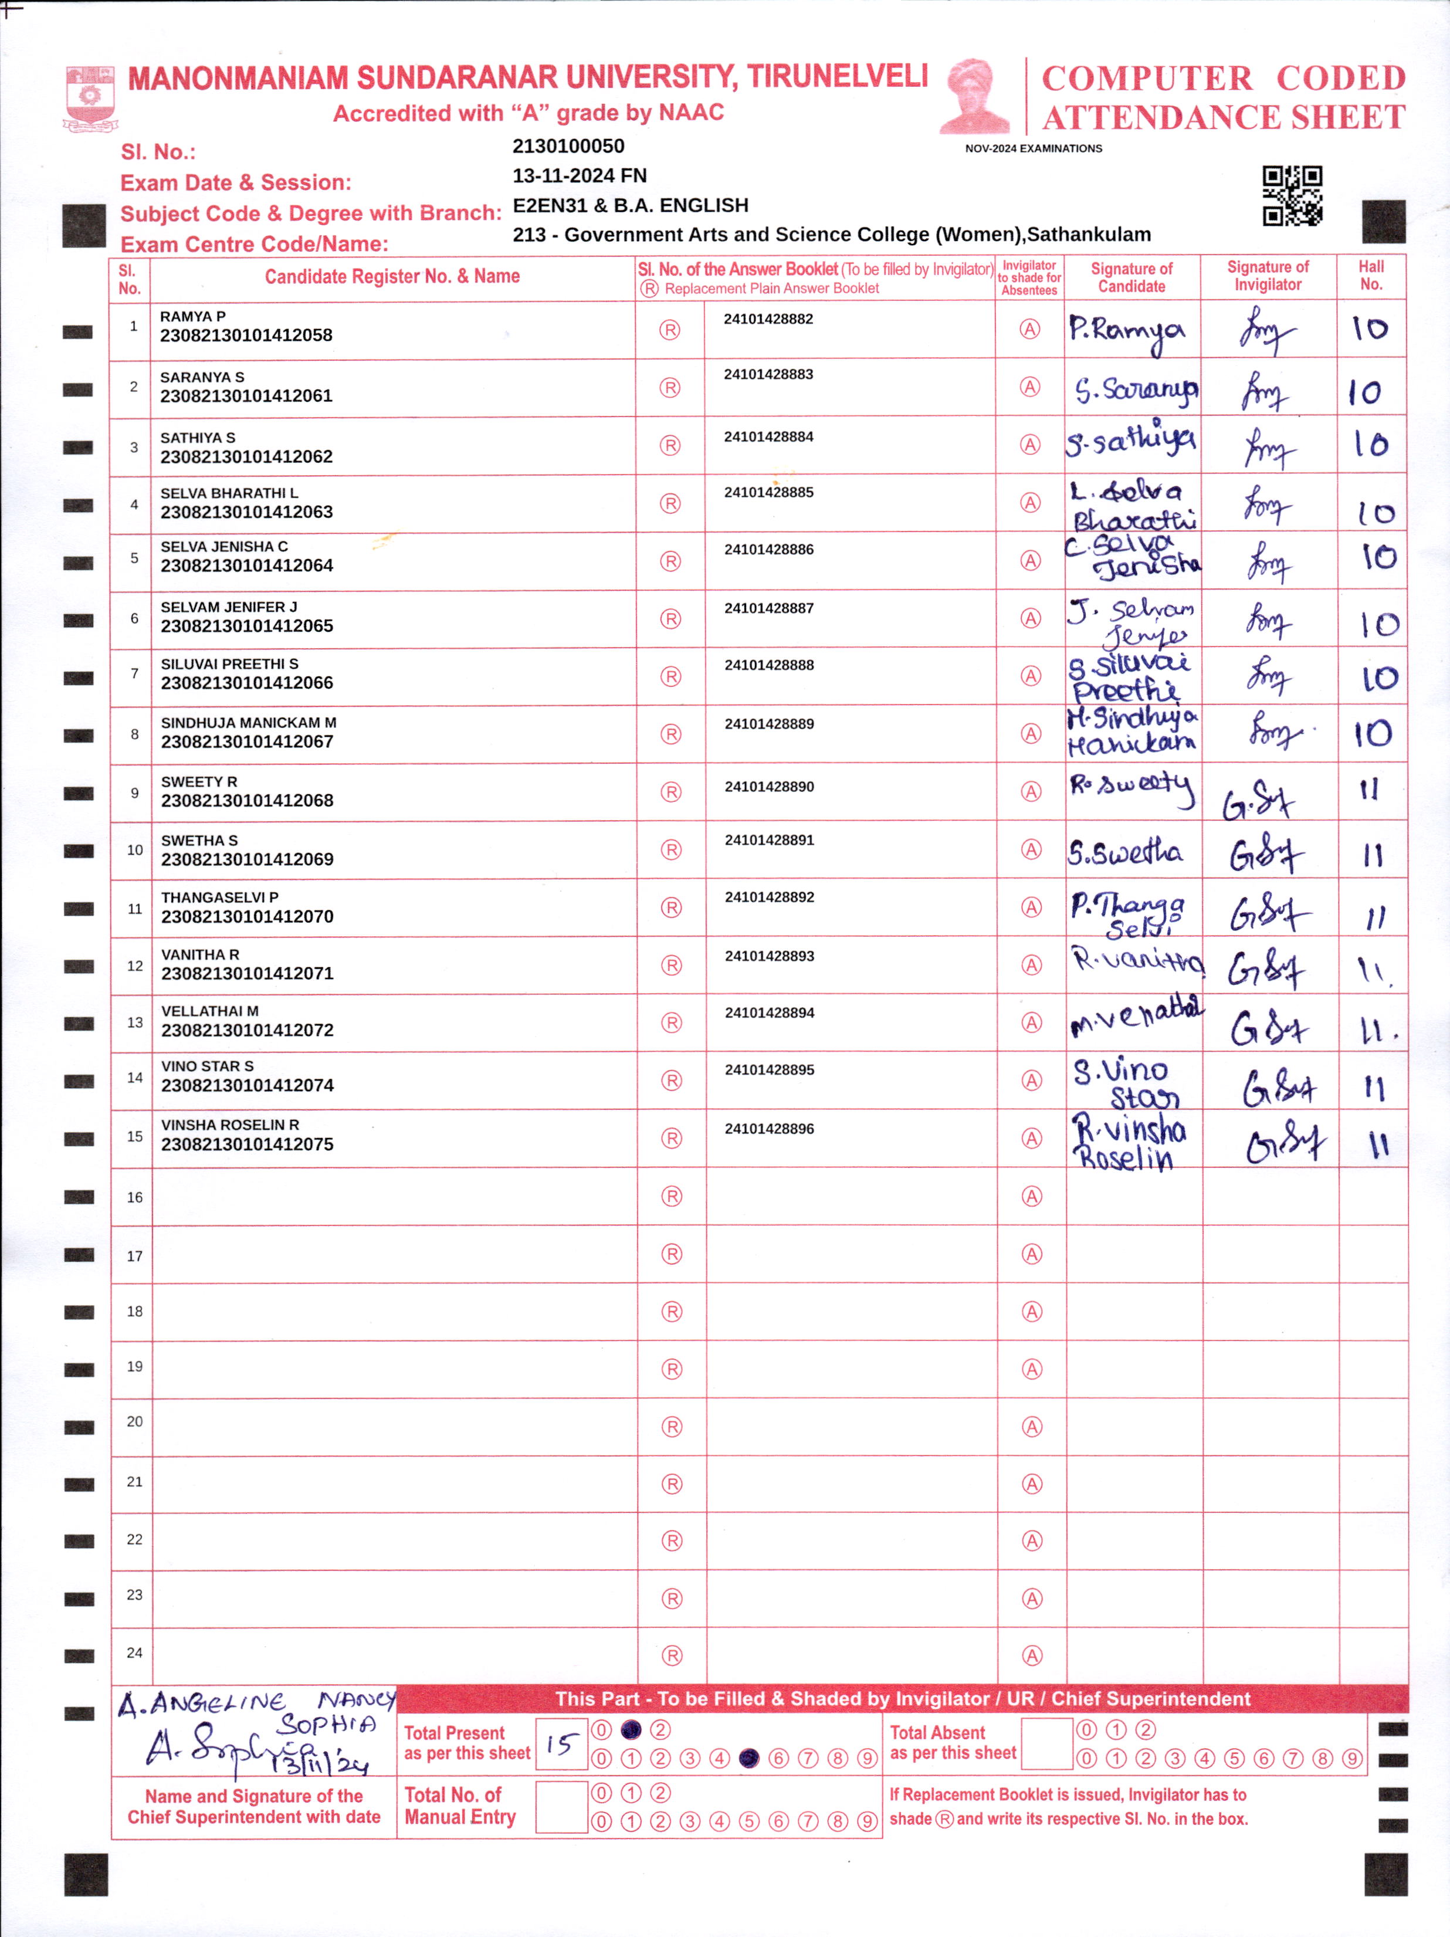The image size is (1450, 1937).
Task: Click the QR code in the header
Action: pos(1292,195)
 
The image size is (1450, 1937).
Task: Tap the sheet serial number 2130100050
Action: pos(568,146)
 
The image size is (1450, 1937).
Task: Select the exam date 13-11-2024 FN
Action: pos(579,176)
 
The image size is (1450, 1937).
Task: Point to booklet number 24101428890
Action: pos(769,787)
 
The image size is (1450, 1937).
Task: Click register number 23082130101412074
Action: pos(247,1086)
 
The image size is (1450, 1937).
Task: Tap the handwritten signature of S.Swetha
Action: pos(1124,852)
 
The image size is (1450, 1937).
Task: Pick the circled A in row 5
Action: pos(1031,560)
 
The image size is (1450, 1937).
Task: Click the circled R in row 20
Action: pos(672,1427)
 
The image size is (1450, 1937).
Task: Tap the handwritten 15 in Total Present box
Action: pos(560,1745)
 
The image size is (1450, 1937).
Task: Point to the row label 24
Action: pos(134,1653)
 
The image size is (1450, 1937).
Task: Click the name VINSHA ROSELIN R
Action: pos(229,1125)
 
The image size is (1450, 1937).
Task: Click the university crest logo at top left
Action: pos(90,98)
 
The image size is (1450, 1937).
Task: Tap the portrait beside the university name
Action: pos(974,96)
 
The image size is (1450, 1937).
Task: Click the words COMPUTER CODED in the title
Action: pos(1222,79)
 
